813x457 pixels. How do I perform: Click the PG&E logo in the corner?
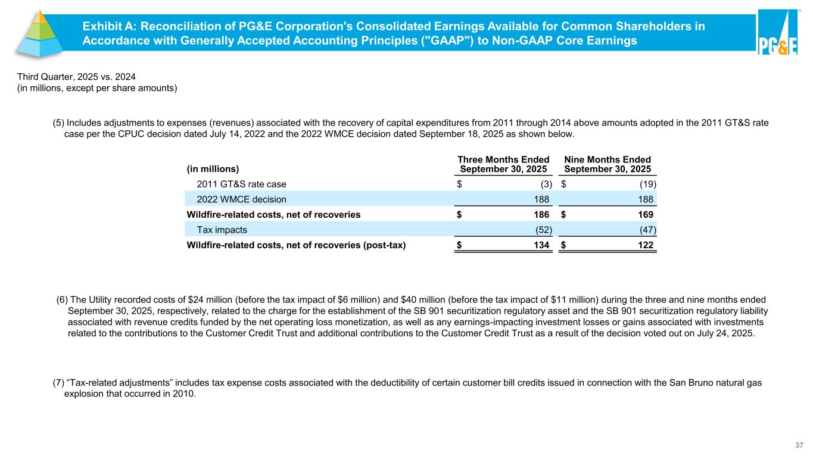[777, 33]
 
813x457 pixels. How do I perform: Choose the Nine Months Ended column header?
[608, 164]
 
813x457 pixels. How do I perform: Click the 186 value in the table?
[541, 214]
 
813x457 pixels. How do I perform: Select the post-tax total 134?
[541, 245]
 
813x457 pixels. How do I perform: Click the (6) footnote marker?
[62, 300]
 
